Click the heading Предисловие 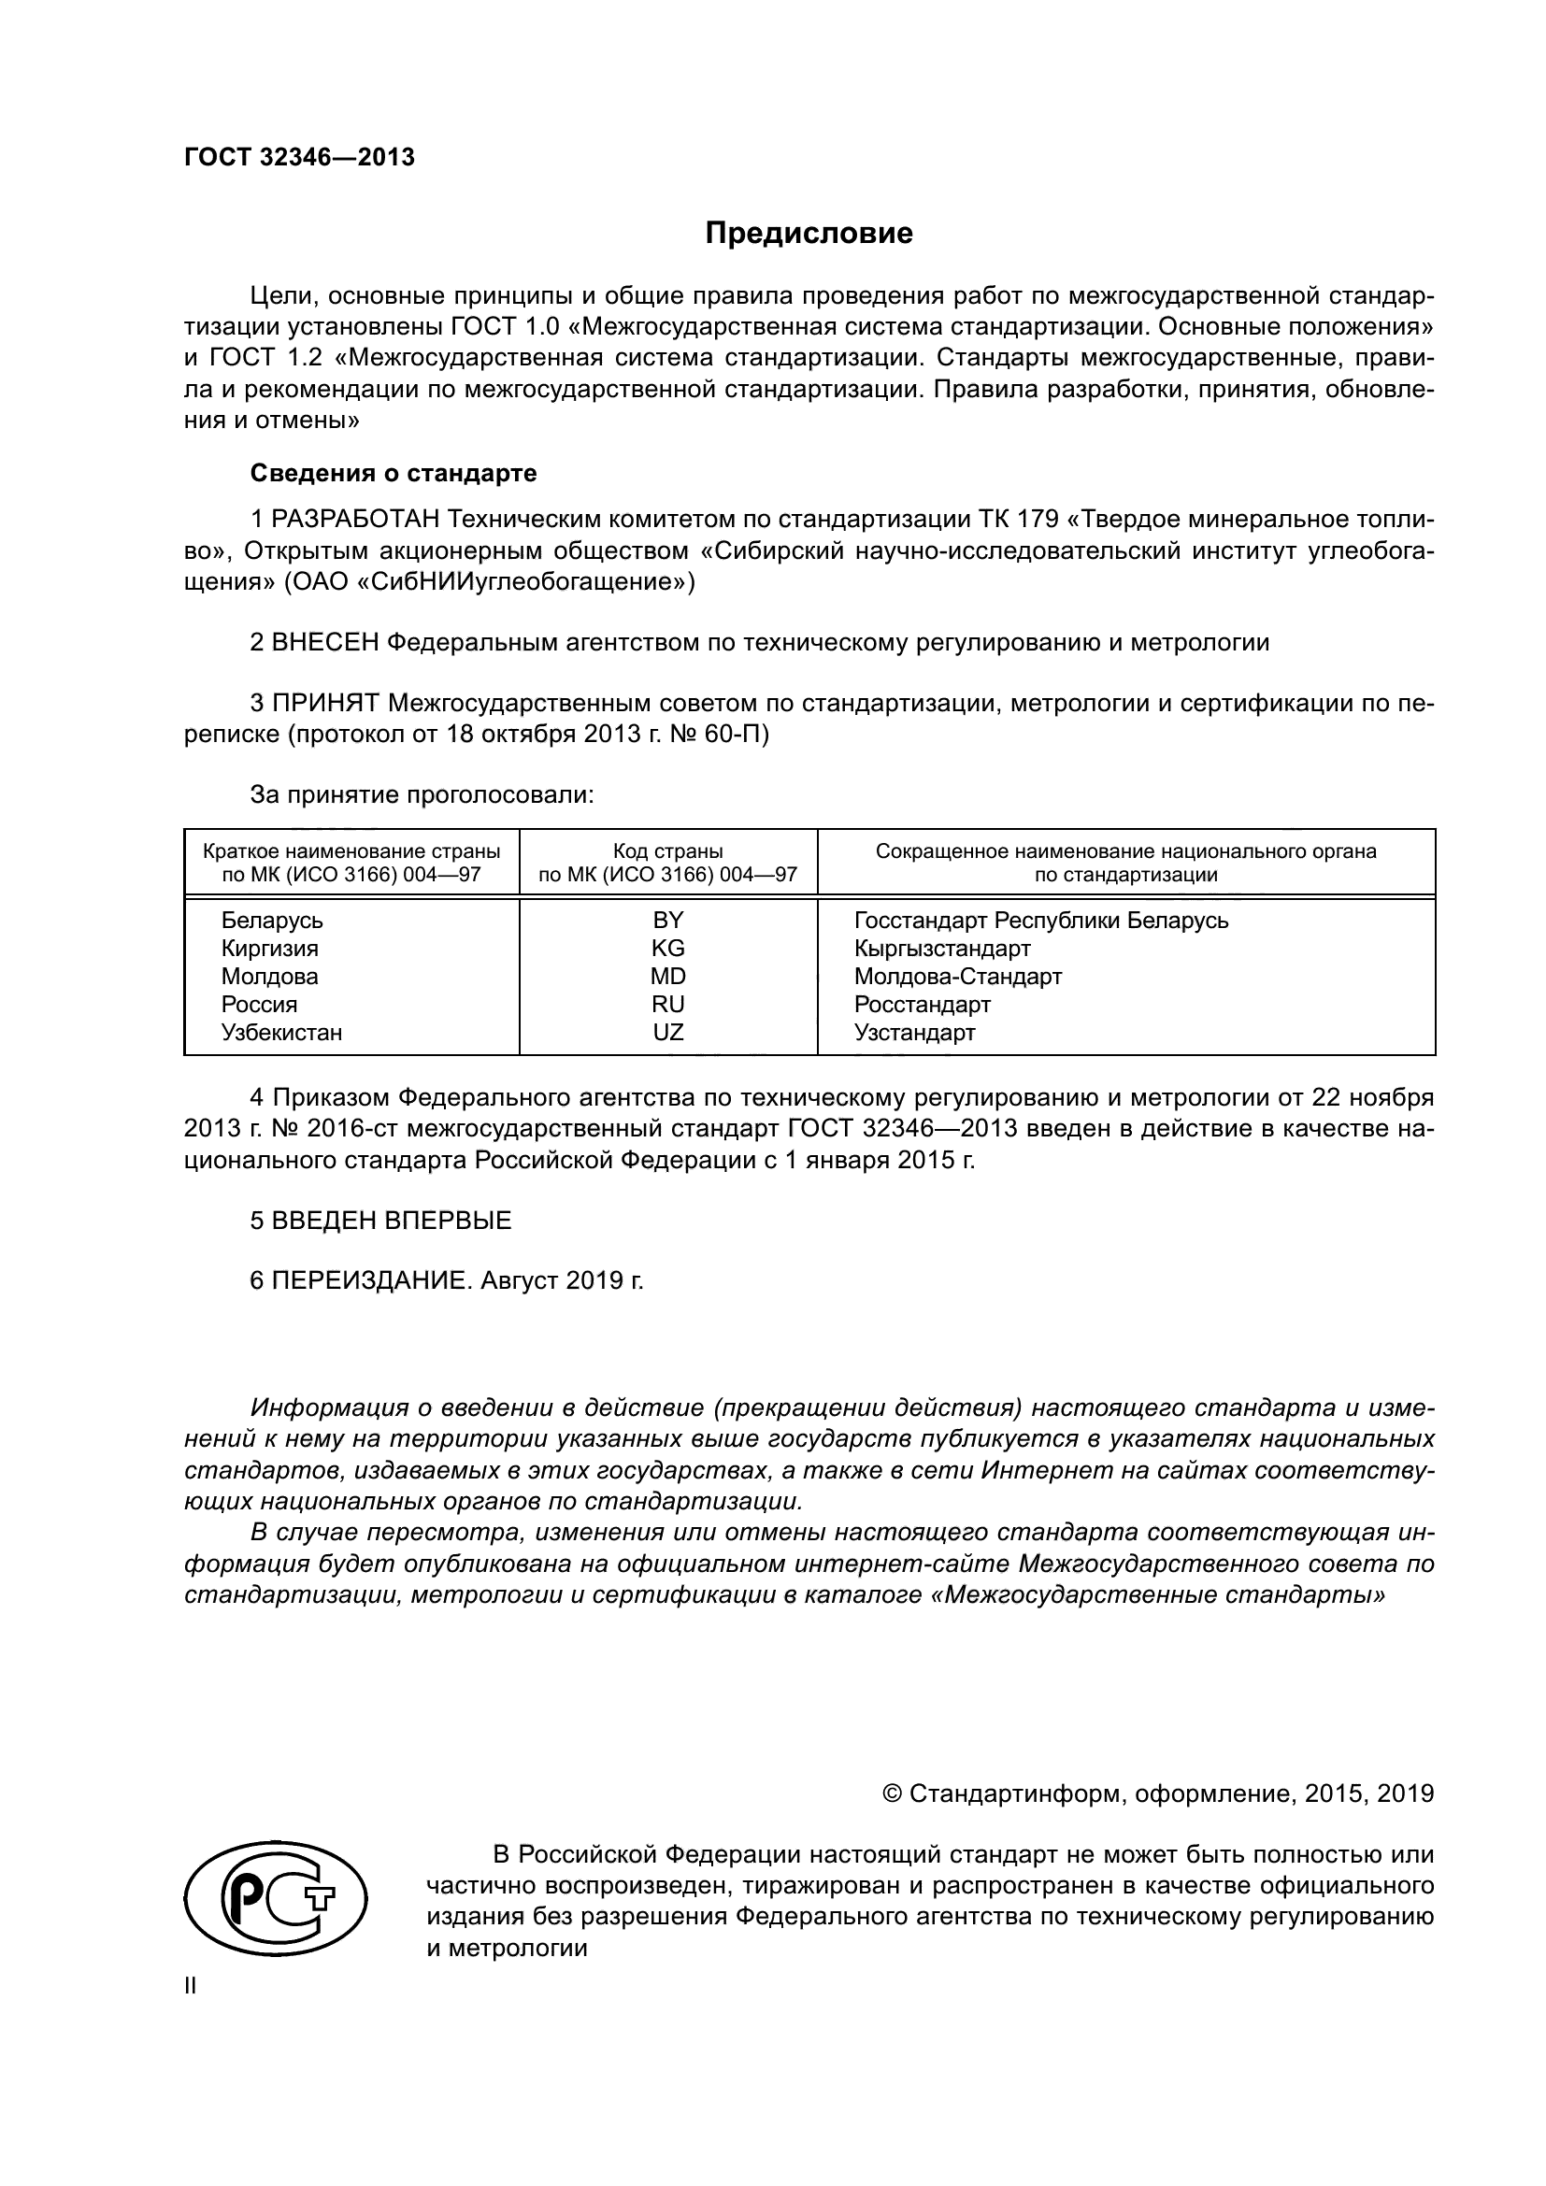pos(809,234)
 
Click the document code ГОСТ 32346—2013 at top pos(300,158)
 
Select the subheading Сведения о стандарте pos(394,473)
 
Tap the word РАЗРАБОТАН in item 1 pos(355,520)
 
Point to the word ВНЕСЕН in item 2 pos(325,643)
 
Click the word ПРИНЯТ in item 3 pos(325,704)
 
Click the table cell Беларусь pos(272,921)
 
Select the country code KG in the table pos(667,949)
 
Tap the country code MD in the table pos(667,976)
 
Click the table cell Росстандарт pos(922,1005)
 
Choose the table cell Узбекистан pos(281,1032)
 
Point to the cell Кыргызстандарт pos(941,949)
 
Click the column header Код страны pos(667,851)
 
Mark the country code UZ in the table pos(667,1032)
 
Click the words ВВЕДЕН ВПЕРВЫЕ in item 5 pos(392,1221)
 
